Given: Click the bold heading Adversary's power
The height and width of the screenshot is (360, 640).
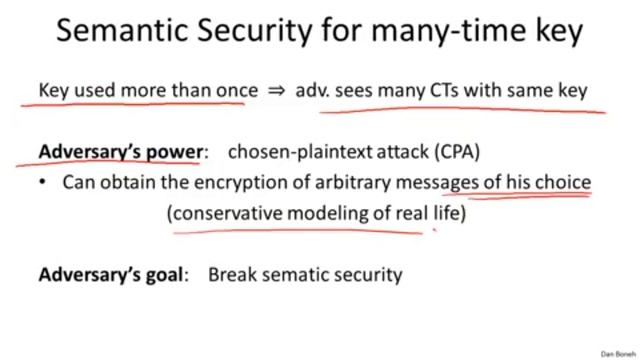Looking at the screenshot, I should pyautogui.click(x=120, y=152).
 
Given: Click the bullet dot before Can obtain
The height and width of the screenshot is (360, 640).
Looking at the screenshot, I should pyautogui.click(x=43, y=183).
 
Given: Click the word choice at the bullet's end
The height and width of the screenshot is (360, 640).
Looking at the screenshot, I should pyautogui.click(x=565, y=183).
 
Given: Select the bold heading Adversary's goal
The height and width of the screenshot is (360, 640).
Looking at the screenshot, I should pyautogui.click(x=113, y=274).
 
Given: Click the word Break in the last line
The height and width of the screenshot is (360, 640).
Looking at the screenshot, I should pyautogui.click(x=232, y=274).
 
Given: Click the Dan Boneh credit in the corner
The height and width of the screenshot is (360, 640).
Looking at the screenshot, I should pyautogui.click(x=617, y=354).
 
